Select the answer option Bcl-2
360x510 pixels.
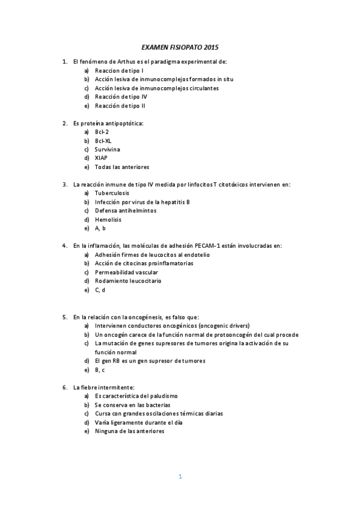click(x=102, y=132)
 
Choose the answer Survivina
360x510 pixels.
click(x=107, y=149)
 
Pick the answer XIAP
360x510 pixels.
click(x=101, y=158)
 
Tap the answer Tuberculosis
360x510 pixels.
click(x=112, y=193)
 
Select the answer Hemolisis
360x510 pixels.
click(x=108, y=220)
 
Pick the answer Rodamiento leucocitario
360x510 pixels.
click(x=127, y=281)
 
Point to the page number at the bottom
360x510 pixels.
click(x=180, y=476)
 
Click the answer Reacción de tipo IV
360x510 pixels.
click(x=121, y=97)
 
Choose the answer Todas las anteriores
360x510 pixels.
click(x=121, y=167)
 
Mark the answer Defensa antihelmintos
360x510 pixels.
click(x=125, y=210)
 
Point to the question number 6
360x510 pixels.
click(x=64, y=387)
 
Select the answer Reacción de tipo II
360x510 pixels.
click(x=120, y=106)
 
